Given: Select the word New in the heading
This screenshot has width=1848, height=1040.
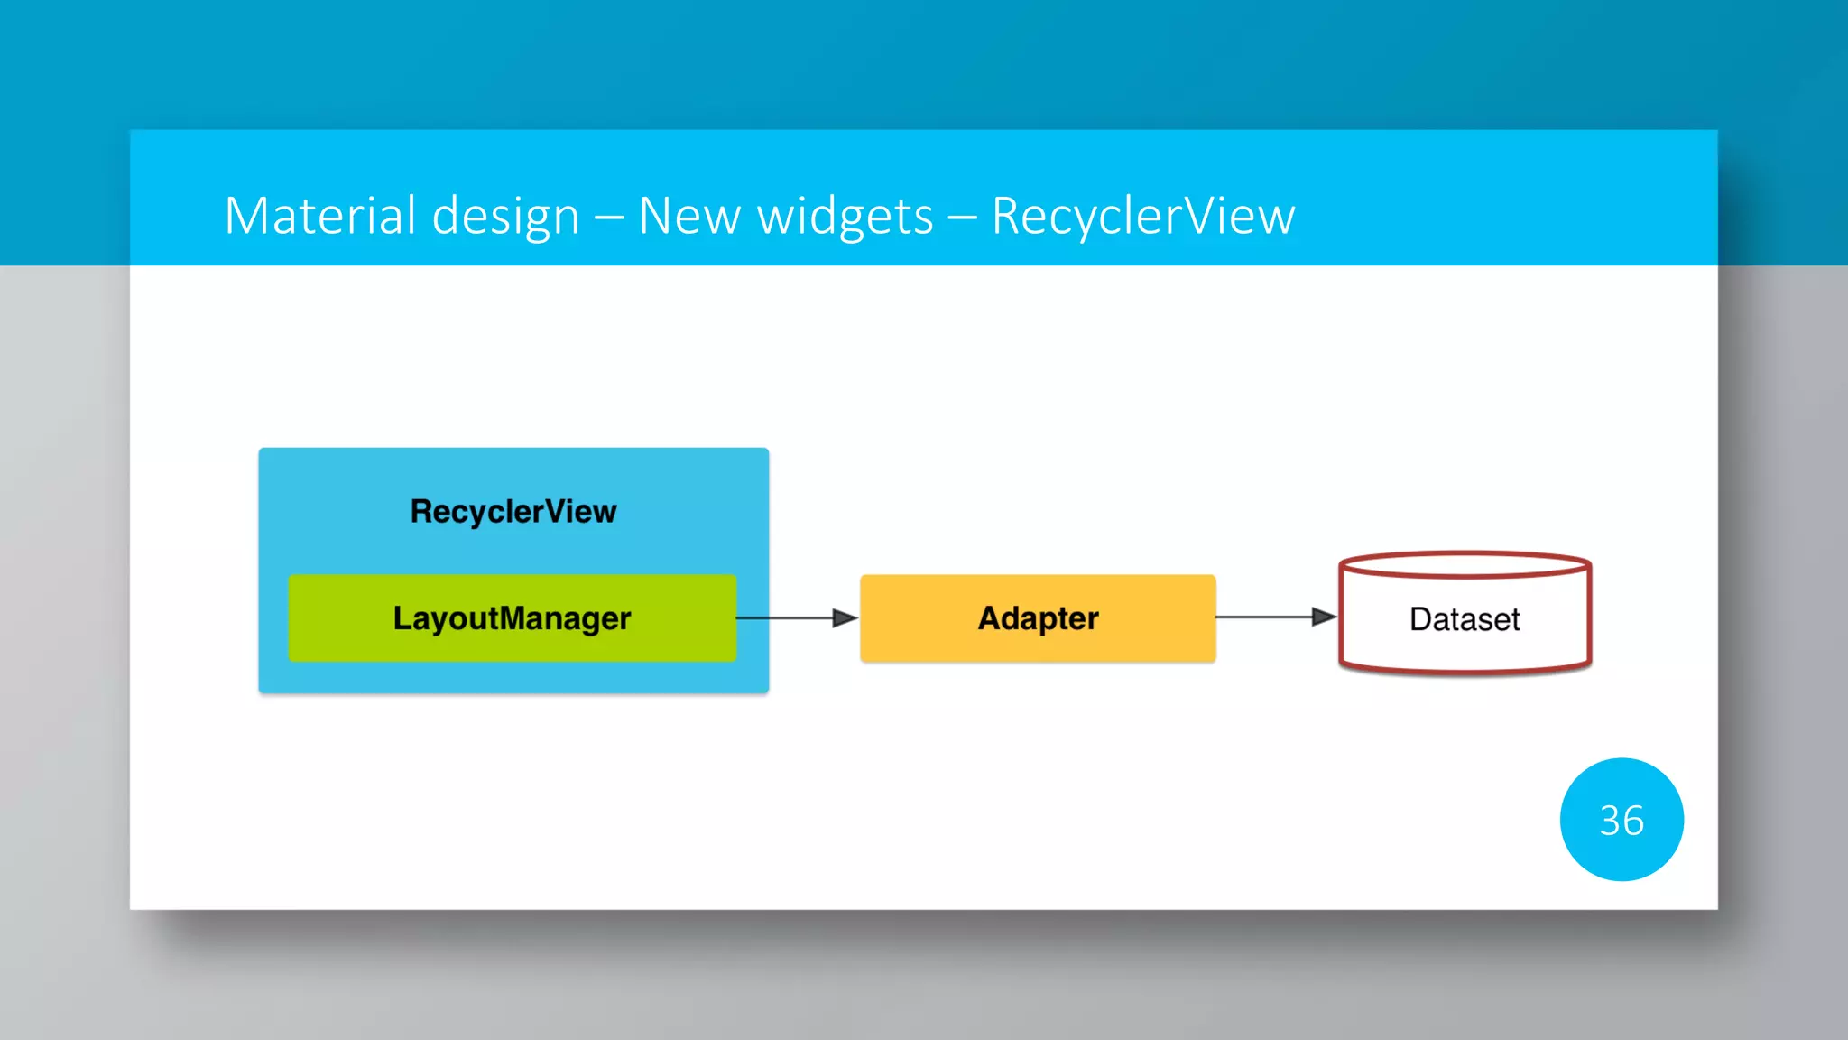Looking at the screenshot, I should [x=689, y=217].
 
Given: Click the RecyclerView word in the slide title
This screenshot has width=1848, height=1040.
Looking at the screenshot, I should [x=1142, y=217].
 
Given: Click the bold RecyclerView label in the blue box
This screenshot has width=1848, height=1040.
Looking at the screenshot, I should [x=513, y=512].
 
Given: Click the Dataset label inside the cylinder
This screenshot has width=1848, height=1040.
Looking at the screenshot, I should [x=1464, y=619].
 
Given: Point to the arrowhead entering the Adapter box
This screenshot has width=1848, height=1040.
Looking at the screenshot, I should [x=845, y=618].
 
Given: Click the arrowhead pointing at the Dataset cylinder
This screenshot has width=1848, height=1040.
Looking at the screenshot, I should [x=1324, y=617].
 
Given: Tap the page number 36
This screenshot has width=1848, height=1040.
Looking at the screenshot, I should [x=1621, y=821].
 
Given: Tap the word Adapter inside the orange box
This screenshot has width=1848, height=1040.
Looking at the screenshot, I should [x=1038, y=619].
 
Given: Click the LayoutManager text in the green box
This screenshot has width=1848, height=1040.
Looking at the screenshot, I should [x=512, y=619].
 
